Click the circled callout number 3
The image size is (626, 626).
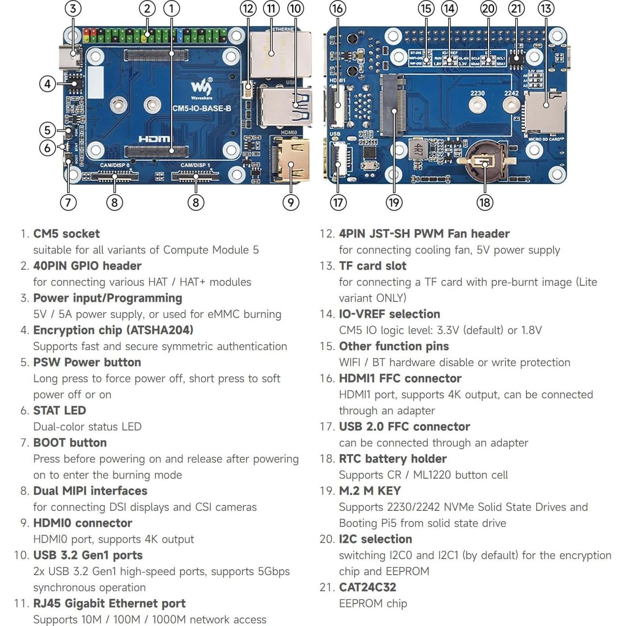tap(73, 8)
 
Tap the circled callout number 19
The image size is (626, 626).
tap(394, 203)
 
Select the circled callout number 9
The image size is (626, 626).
tap(291, 203)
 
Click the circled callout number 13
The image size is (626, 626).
tap(546, 8)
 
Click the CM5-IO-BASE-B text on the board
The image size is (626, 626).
tap(202, 109)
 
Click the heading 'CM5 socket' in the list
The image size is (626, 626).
tap(67, 234)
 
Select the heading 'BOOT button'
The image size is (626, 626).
tap(70, 442)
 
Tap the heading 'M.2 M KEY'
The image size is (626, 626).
tap(370, 491)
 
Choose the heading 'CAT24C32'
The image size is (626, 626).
tap(367, 587)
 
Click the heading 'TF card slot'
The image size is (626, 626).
tap(372, 266)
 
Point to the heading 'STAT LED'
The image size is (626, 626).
tap(59, 410)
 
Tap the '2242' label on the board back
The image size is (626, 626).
tap(511, 93)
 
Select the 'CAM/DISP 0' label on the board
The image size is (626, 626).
tap(115, 165)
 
